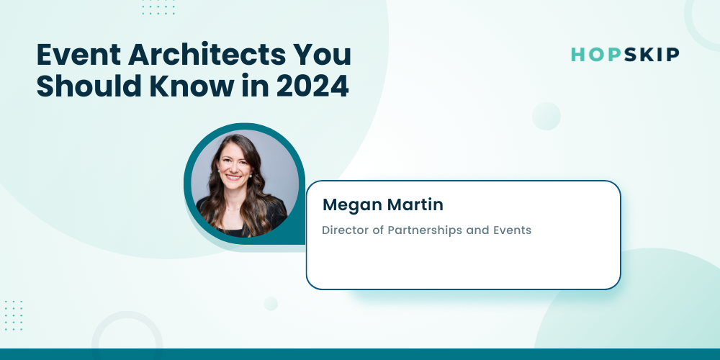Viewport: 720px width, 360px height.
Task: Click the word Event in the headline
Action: tap(78, 55)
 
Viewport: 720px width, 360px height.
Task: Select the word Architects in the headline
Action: tap(204, 55)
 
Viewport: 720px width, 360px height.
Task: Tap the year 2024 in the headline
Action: tap(312, 86)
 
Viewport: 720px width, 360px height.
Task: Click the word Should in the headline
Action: tap(89, 86)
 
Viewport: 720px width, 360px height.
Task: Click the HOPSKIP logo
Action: tap(625, 55)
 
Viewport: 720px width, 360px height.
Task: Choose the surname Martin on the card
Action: tap(415, 204)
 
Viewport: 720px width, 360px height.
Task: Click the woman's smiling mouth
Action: tap(233, 177)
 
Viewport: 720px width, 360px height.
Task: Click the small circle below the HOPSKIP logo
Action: tap(546, 116)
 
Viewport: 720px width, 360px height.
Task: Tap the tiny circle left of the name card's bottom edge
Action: tap(271, 304)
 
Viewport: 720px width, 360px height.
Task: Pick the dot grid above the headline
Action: tap(158, 7)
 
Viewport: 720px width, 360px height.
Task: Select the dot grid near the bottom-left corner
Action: tap(13, 315)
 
